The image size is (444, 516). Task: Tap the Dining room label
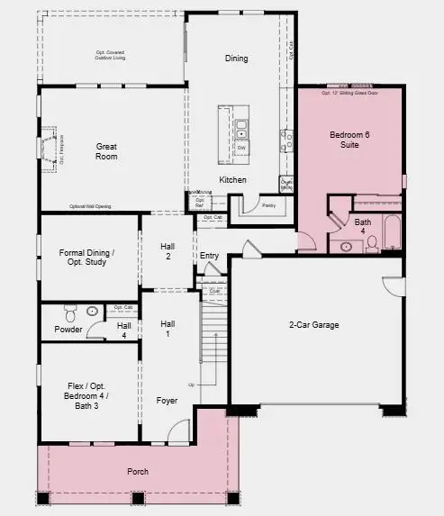point(236,59)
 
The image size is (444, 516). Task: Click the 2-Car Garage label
point(313,324)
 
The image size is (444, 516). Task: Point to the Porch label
point(138,472)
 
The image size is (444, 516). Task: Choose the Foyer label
point(167,400)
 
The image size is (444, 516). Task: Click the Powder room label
point(68,330)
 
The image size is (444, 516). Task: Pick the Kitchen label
point(232,180)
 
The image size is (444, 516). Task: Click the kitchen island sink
point(241,135)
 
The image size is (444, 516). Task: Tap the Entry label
point(209,256)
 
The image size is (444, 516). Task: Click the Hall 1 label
point(168,328)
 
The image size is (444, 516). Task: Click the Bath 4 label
point(362,226)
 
